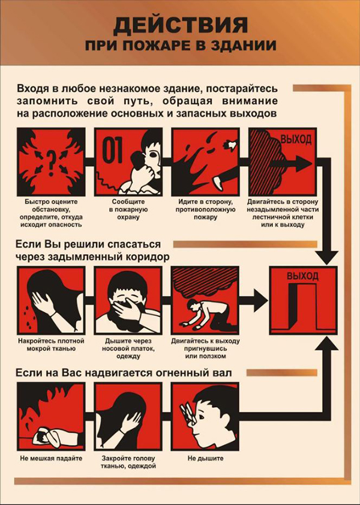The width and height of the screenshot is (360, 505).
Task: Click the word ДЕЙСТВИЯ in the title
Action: point(181,26)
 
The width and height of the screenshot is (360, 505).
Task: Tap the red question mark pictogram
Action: point(51,163)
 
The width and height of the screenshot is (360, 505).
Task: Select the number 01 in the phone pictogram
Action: point(112,150)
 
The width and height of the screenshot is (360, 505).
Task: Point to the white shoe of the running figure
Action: point(219,184)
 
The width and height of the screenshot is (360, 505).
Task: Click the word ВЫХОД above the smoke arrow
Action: point(296,139)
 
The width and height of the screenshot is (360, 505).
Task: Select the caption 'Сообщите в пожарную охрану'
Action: point(128,210)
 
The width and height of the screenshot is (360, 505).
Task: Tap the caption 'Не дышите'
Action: point(206,459)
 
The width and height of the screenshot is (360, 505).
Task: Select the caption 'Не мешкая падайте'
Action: point(51,458)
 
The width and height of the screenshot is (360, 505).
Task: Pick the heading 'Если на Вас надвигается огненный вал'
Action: point(124,373)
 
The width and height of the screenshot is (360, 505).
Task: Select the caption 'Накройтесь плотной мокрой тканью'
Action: point(51,344)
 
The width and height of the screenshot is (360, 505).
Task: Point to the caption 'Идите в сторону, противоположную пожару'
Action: point(205,210)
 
